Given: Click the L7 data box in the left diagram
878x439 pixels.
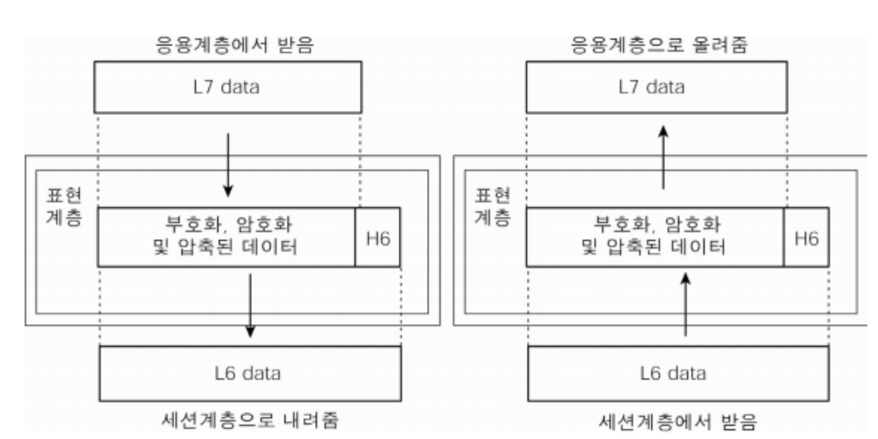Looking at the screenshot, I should point(228,87).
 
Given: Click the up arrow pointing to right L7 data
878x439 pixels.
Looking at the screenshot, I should point(664,156).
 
